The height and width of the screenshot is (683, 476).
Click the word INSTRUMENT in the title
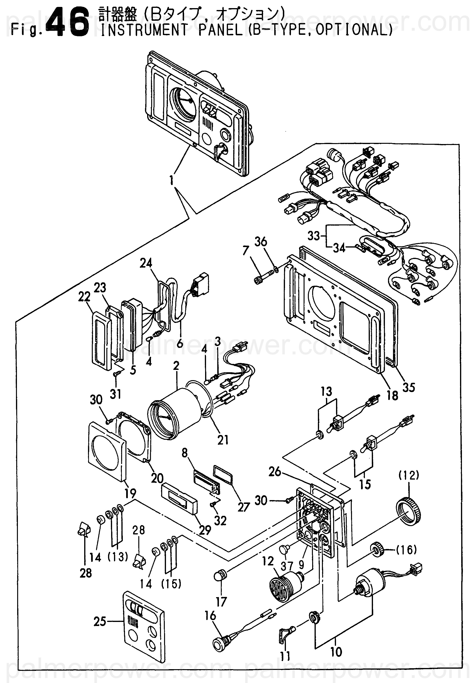[x=144, y=30]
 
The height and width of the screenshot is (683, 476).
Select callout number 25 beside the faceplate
[x=100, y=622]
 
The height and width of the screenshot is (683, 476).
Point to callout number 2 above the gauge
[x=176, y=366]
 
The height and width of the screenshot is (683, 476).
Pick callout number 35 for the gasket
[x=409, y=387]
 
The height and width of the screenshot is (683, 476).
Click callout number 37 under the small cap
[x=287, y=566]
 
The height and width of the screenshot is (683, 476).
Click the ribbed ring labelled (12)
[x=409, y=511]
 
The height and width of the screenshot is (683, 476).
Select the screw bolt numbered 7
[x=263, y=277]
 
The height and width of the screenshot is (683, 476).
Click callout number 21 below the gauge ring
[x=223, y=440]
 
